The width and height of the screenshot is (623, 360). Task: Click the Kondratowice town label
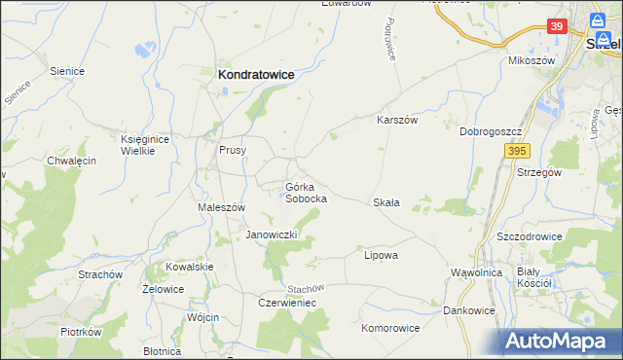[x=256, y=74]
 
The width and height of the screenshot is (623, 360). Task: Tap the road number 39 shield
[x=556, y=26]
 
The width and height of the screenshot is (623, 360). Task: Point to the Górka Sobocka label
[x=305, y=192]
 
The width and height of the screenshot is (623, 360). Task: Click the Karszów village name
[x=397, y=121]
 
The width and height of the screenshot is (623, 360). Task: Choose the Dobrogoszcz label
[x=493, y=131]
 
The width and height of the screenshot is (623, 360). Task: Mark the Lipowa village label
[x=382, y=255]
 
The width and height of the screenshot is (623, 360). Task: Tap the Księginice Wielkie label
[x=145, y=145]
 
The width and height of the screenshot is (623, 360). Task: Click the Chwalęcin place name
[x=71, y=162]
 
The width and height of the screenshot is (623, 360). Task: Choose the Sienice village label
[x=67, y=71]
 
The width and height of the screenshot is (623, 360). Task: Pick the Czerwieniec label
[x=286, y=303]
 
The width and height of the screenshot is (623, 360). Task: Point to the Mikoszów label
[x=531, y=60]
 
